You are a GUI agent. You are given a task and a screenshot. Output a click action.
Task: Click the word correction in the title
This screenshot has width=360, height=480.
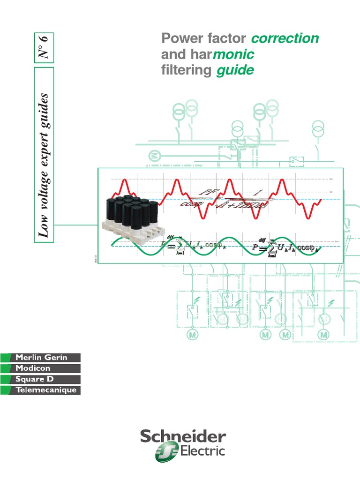click(285, 38)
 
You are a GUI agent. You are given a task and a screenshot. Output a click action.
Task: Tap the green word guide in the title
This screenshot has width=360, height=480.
click(235, 71)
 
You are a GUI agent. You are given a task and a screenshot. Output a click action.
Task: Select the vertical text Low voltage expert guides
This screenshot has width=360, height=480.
click(44, 155)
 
